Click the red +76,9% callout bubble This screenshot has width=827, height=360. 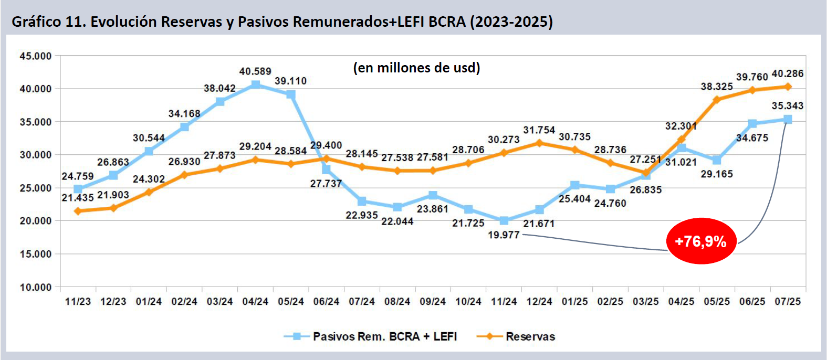(x=701, y=241)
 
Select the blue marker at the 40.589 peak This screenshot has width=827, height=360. (x=256, y=84)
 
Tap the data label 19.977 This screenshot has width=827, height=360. (x=504, y=235)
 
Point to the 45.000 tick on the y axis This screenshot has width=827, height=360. (x=36, y=56)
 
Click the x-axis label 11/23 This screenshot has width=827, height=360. (x=78, y=301)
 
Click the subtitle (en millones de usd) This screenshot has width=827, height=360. (x=416, y=68)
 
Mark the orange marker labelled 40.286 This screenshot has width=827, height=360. (x=788, y=87)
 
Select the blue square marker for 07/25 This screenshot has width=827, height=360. (x=788, y=120)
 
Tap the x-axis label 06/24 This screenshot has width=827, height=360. (x=326, y=301)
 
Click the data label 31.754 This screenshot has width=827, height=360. (x=539, y=130)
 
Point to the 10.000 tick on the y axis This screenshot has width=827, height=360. (x=36, y=287)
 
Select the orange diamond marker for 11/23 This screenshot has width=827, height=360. (x=78, y=211)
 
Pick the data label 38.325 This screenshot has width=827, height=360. (x=716, y=87)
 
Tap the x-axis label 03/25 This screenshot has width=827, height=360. (x=645, y=301)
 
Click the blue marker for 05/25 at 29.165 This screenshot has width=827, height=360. (x=717, y=160)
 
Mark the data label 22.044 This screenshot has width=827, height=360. (x=397, y=221)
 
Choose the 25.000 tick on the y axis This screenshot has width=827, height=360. (x=36, y=188)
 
